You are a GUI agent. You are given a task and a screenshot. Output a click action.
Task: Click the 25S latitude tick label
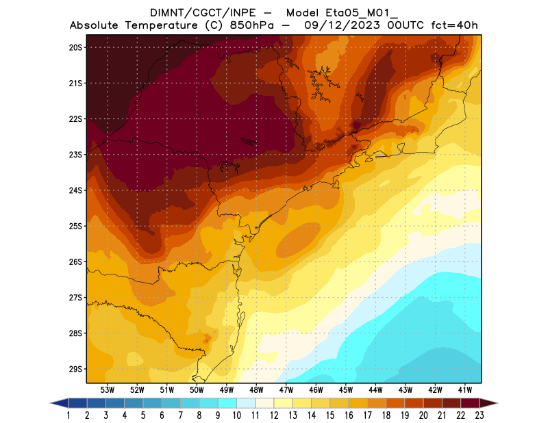pyautogui.click(x=75, y=226)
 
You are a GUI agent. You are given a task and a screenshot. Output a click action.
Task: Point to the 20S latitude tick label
pyautogui.click(x=75, y=47)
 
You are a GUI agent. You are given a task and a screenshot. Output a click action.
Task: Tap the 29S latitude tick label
pyautogui.click(x=75, y=369)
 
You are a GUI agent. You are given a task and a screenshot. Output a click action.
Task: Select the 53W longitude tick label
pyautogui.click(x=107, y=390)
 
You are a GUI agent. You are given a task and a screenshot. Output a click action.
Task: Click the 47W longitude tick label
pyautogui.click(x=286, y=390)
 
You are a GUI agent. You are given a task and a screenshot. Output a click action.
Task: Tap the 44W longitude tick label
pyautogui.click(x=376, y=390)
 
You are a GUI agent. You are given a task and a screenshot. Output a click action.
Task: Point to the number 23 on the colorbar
pyautogui.click(x=479, y=415)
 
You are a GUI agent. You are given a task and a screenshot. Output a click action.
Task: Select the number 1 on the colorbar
pyautogui.click(x=69, y=415)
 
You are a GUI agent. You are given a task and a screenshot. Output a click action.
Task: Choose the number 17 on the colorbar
pyautogui.click(x=368, y=415)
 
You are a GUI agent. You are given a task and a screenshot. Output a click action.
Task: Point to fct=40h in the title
pyautogui.click(x=454, y=26)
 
